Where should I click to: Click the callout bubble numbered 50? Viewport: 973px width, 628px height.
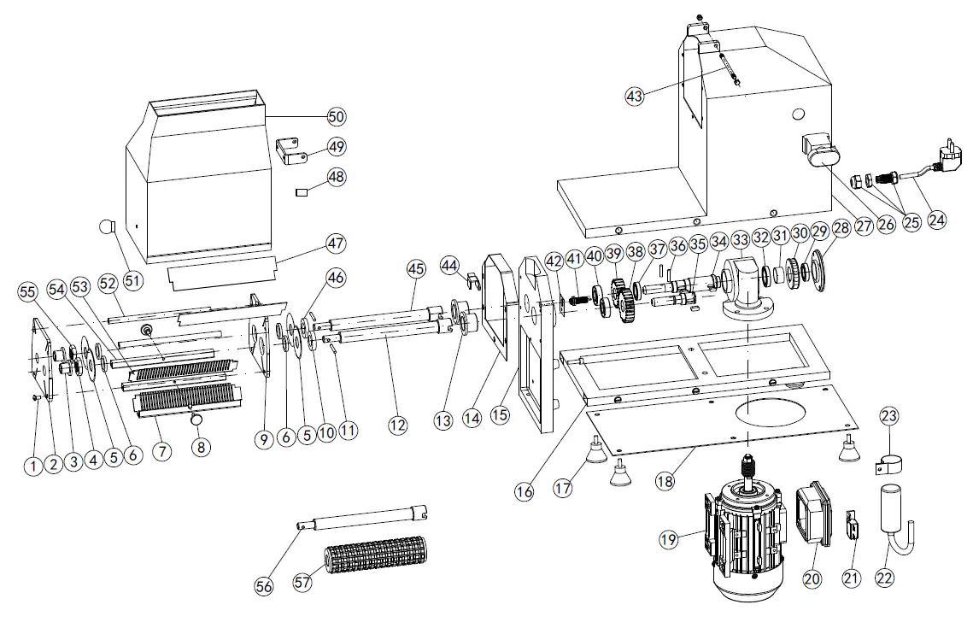[337, 116]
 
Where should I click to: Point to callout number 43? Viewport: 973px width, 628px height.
[635, 97]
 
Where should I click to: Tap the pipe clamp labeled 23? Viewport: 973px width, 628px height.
[889, 462]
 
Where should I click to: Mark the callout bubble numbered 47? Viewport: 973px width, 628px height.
[337, 244]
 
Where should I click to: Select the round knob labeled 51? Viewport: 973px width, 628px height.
[106, 227]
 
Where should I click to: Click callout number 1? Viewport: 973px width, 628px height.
[32, 466]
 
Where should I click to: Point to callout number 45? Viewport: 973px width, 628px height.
[415, 268]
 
